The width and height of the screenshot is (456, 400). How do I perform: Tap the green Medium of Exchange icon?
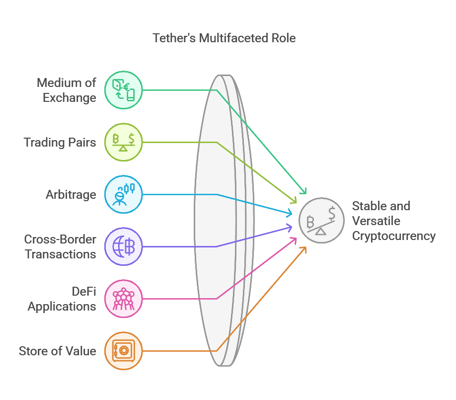[123, 90]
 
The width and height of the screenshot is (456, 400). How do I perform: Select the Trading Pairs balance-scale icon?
[123, 142]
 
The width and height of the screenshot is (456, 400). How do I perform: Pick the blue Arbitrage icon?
[123, 194]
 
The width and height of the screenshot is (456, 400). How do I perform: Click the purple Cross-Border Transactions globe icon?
[123, 246]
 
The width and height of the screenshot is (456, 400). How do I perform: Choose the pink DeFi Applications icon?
[123, 299]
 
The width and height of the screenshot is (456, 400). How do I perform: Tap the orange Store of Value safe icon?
[123, 351]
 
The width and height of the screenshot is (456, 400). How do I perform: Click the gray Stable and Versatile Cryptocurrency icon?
[321, 220]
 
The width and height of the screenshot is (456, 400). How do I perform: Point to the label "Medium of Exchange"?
[67, 90]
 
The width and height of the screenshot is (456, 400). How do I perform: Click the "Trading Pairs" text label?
[60, 143]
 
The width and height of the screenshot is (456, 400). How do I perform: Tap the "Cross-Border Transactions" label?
[60, 246]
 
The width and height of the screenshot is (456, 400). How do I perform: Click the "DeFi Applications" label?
[62, 299]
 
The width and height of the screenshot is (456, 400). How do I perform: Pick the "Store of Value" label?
[58, 351]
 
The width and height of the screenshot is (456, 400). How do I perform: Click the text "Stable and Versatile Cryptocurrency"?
[393, 221]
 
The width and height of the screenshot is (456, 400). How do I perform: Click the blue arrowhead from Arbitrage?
[289, 214]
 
